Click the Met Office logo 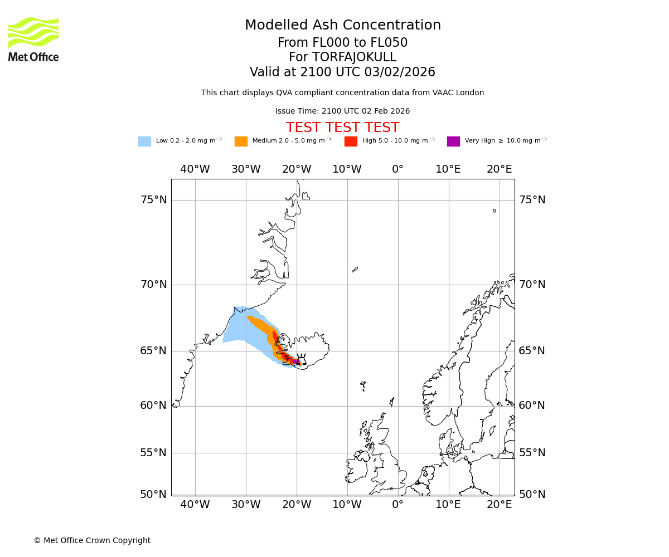[33, 39]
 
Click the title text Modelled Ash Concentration [342, 26]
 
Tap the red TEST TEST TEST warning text [342, 128]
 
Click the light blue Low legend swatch [144, 141]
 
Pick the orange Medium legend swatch [241, 141]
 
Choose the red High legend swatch [351, 141]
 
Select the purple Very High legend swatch [453, 141]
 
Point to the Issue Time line [342, 111]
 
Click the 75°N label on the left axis [153, 200]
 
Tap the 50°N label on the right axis [532, 495]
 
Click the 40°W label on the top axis [195, 169]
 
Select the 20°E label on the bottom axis [500, 505]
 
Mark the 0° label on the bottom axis [397, 505]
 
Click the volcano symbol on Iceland [301, 359]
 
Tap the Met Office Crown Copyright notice [92, 541]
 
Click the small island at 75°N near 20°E [495, 211]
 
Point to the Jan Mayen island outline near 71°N [355, 270]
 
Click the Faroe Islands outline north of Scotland [363, 384]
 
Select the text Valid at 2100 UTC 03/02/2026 [342, 72]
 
